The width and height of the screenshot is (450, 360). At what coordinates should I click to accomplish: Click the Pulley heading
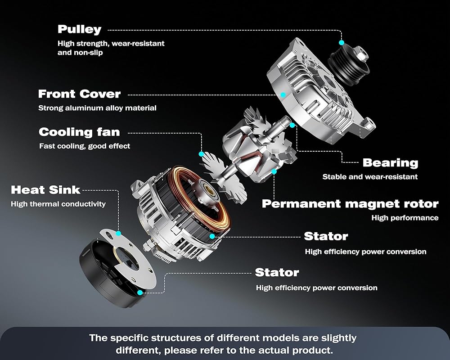click(80, 30)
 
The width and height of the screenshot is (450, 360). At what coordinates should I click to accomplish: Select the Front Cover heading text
click(79, 94)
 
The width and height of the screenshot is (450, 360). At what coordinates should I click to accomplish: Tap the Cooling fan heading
click(79, 132)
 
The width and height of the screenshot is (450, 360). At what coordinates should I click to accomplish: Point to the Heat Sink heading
click(45, 190)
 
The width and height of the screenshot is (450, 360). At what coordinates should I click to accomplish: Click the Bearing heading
click(390, 162)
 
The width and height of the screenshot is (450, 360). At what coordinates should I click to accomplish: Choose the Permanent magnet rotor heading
click(350, 203)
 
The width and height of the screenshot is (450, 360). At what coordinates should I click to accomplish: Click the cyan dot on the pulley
click(342, 42)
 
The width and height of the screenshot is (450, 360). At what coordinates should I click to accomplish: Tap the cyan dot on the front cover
click(283, 94)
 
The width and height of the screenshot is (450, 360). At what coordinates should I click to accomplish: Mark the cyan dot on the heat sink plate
click(118, 234)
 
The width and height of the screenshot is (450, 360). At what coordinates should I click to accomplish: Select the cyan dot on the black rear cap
click(140, 292)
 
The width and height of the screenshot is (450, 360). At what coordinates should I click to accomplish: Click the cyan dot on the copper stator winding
click(212, 236)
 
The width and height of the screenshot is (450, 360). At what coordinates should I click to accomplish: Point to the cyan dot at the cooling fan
click(202, 154)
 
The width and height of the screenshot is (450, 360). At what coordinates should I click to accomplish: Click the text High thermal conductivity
click(58, 204)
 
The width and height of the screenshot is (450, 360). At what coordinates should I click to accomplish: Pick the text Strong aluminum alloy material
click(97, 108)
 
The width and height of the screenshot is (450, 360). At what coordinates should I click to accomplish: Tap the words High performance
click(405, 218)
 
